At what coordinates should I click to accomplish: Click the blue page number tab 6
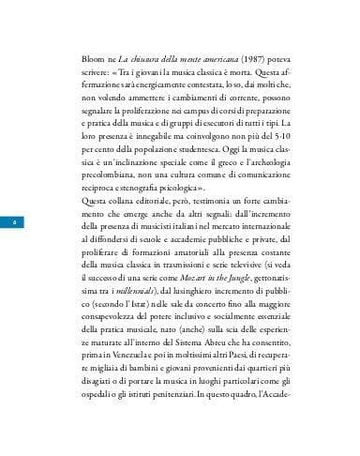click(x=15, y=220)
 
